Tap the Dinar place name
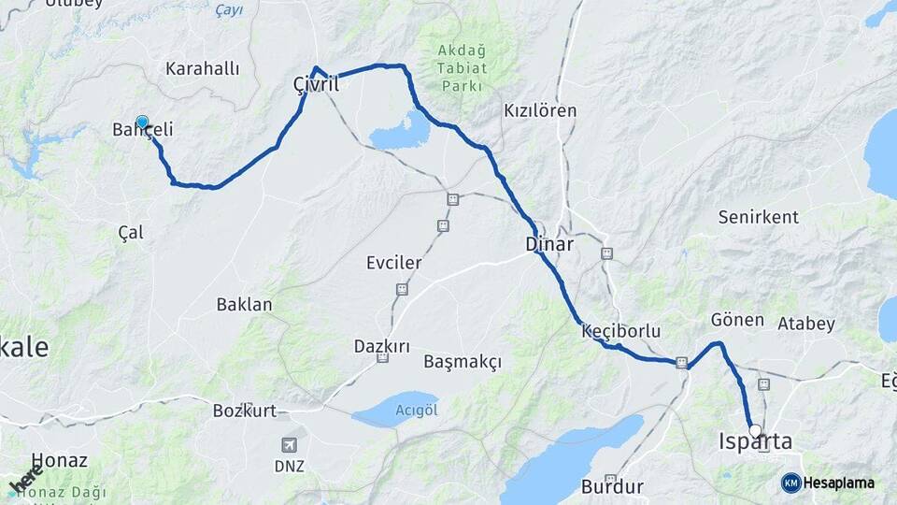(548, 244)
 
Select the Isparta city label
(755, 441)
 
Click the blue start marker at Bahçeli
(142, 122)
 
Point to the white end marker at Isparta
(755, 431)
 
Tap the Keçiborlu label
(620, 331)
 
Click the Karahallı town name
(203, 68)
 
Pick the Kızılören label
(540, 110)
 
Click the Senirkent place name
(758, 217)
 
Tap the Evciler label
(393, 263)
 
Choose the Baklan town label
(244, 304)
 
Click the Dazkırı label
(382, 346)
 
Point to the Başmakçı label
(463, 361)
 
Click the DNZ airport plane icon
(290, 444)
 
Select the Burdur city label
(612, 486)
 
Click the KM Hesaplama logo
(828, 483)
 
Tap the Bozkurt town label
(244, 411)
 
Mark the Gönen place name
(737, 320)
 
